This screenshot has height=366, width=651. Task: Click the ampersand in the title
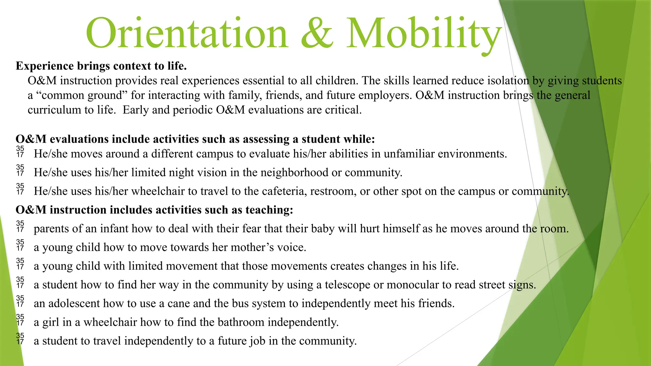click(317, 33)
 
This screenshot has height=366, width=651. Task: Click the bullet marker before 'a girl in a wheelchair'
click(20, 320)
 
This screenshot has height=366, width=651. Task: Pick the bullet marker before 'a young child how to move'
click(20, 245)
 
